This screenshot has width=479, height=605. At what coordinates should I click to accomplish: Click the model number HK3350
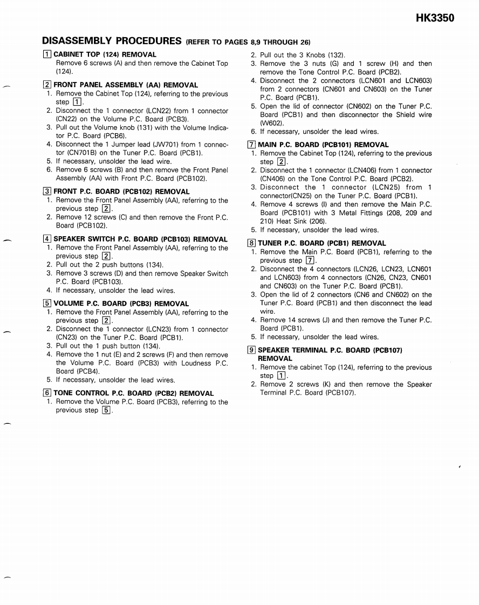(435, 18)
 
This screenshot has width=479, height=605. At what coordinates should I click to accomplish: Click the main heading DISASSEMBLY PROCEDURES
(112, 41)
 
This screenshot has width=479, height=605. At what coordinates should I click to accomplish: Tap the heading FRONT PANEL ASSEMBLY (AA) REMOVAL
(126, 85)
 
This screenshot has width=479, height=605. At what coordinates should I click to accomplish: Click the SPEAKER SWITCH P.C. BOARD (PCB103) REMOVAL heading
(140, 239)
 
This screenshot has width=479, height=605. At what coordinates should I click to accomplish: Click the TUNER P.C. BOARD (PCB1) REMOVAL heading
(321, 243)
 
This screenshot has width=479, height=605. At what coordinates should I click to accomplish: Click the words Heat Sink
(292, 221)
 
